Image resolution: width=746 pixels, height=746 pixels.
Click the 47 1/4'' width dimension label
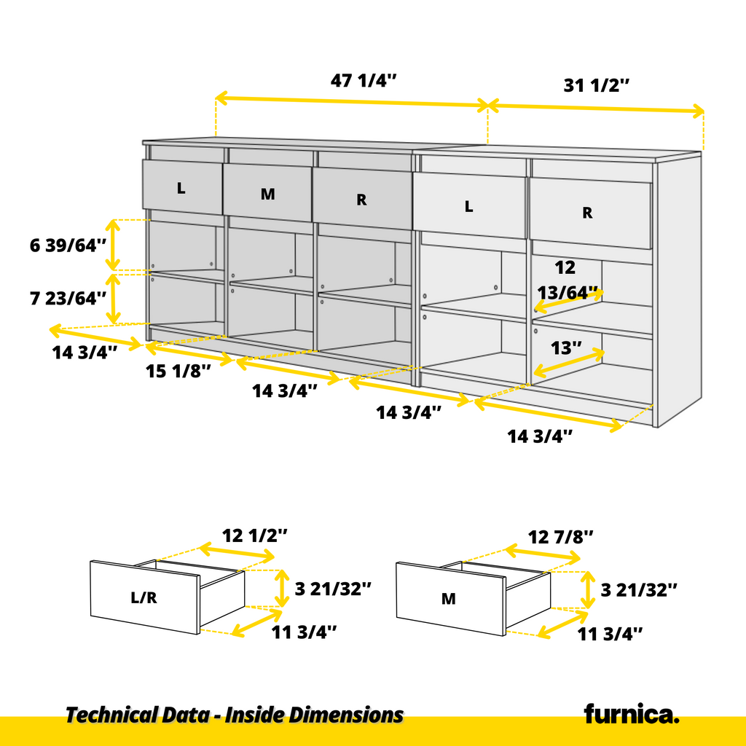(364, 80)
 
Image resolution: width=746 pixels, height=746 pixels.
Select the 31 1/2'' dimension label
(597, 86)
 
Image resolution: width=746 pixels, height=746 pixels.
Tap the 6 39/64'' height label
(68, 246)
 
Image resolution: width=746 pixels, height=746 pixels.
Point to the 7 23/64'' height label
(68, 298)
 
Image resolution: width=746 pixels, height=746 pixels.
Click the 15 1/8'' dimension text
(178, 371)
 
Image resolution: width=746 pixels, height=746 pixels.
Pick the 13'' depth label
(566, 348)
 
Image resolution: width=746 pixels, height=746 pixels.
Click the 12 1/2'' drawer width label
(255, 535)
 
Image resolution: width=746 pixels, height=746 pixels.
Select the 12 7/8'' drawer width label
(561, 537)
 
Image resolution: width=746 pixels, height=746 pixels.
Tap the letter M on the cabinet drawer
(268, 194)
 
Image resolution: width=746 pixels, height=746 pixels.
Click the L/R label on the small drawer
(144, 597)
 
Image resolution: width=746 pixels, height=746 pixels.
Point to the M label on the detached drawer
(449, 599)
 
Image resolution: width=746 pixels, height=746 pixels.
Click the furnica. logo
(632, 713)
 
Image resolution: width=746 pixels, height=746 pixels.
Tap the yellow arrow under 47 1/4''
(352, 102)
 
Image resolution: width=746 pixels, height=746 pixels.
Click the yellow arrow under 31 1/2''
(596, 109)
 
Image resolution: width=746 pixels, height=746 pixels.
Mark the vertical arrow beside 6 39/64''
(113, 245)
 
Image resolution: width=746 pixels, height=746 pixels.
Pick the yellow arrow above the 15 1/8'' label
(189, 354)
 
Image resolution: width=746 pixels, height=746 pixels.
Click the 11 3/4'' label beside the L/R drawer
(304, 632)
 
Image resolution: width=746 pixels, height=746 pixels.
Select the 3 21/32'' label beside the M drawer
(639, 590)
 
